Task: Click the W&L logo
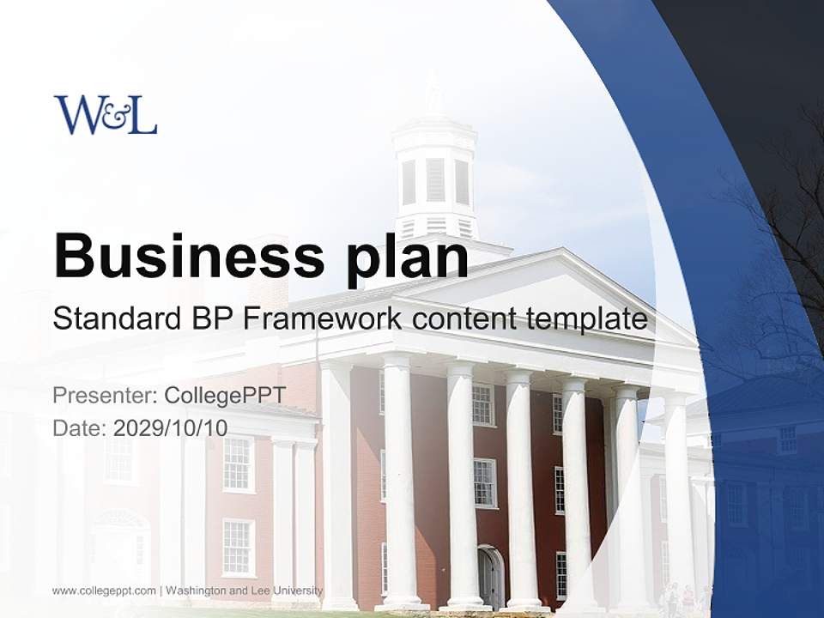point(106,115)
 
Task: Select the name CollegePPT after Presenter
point(225,396)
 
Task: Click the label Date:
point(80,427)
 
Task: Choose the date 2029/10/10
point(170,427)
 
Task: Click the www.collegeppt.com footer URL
point(104,591)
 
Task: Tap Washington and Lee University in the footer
point(244,591)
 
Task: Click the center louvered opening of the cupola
point(435,179)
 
